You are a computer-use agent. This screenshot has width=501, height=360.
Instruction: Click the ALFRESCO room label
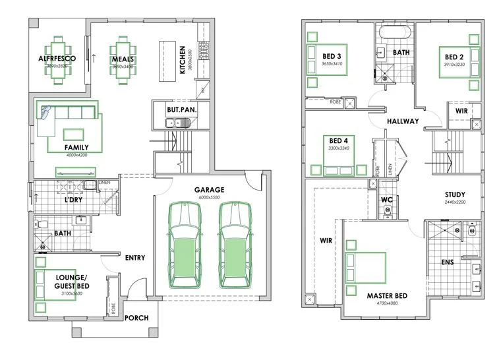57,59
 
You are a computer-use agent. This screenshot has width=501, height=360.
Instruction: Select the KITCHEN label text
183,60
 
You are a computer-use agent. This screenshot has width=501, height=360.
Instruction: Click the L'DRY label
73,199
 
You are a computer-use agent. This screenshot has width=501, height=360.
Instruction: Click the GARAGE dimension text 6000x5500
209,197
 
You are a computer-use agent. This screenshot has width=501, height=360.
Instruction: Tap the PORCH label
136,318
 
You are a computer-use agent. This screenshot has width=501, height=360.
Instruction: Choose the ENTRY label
134,258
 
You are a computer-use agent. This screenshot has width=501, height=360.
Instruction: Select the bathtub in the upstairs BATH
394,32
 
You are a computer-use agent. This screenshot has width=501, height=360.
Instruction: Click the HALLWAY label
403,121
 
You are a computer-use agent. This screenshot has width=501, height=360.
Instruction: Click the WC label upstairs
388,199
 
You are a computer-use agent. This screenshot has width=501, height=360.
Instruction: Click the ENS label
447,262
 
